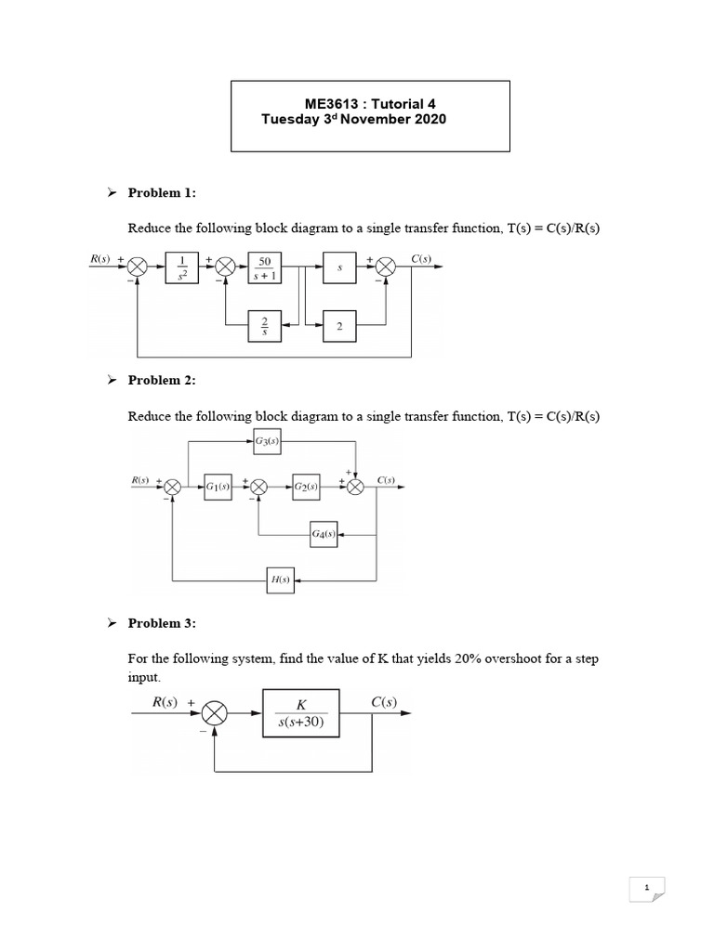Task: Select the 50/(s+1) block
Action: [264, 267]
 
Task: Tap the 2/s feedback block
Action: [264, 326]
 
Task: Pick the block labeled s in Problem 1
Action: [339, 267]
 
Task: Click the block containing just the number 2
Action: [339, 326]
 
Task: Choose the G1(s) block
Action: [218, 487]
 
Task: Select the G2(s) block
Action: [306, 487]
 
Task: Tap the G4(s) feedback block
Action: [324, 535]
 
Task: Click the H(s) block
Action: [280, 580]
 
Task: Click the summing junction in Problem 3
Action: [215, 713]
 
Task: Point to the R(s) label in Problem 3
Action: [165, 702]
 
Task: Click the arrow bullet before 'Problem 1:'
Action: [111, 192]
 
